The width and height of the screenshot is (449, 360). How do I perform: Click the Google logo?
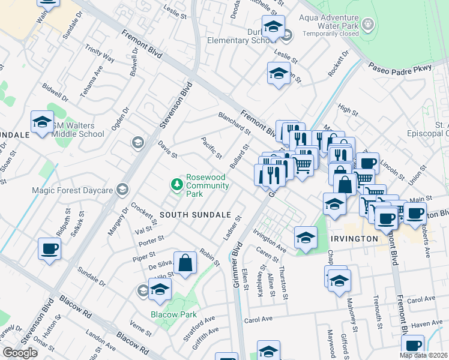click(x=20, y=353)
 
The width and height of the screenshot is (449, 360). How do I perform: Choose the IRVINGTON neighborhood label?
click(x=354, y=238)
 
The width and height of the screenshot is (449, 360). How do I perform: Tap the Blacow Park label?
click(x=173, y=314)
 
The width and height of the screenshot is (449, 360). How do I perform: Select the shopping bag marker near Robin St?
click(x=185, y=262)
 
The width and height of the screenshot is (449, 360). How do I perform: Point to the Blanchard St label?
click(x=234, y=122)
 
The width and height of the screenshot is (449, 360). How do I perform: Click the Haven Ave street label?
click(x=428, y=323)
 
